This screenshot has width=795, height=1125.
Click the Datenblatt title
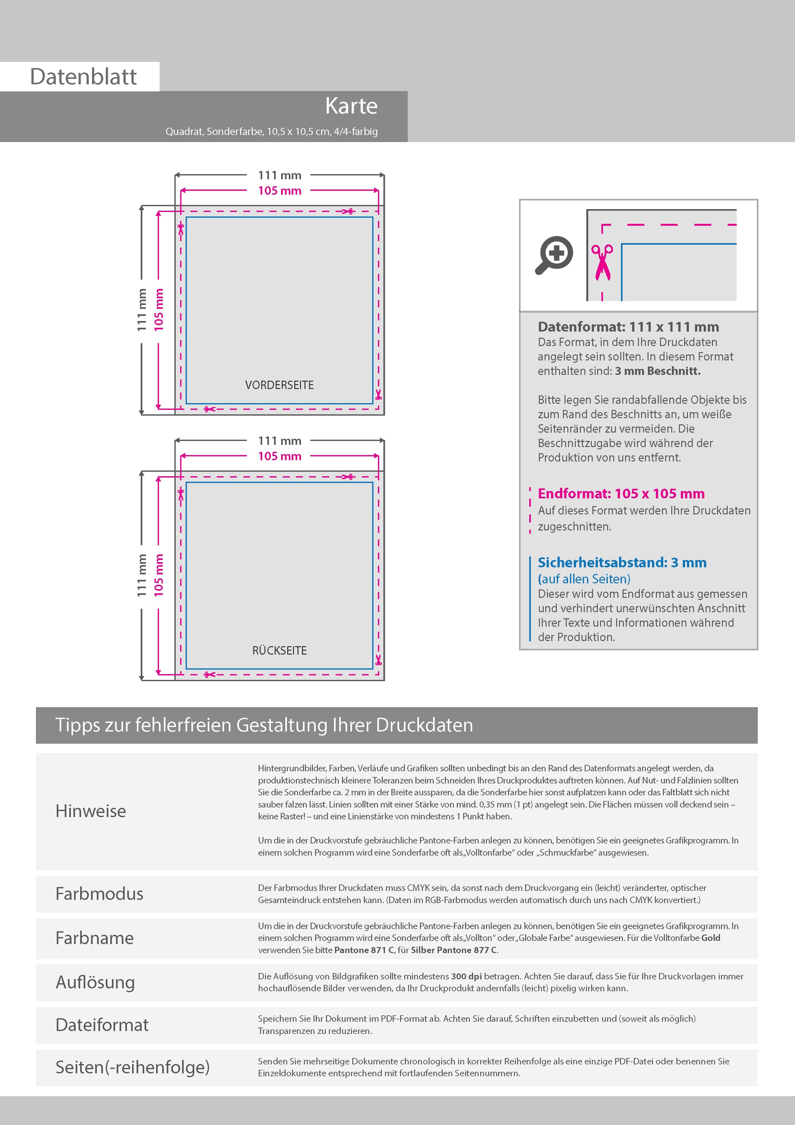point(83,77)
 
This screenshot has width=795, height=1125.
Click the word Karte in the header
point(351,106)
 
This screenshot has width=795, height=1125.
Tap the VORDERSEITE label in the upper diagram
point(279,385)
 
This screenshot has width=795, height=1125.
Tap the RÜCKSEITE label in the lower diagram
point(279,651)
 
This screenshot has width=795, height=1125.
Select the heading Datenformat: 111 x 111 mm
point(628,327)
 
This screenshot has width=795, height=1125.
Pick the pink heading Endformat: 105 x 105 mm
point(621,494)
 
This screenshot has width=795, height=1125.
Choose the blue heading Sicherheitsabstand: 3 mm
point(622,562)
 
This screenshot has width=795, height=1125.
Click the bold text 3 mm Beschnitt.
point(657,371)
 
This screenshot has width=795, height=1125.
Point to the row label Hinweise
point(91,811)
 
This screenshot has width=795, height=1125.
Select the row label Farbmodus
point(99,894)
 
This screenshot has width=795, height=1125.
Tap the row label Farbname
point(95,938)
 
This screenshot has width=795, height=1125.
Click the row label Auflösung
point(95,982)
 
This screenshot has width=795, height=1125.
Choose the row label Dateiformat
point(102,1025)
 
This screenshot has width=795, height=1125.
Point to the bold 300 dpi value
point(466,976)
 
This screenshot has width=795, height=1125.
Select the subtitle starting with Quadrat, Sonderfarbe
point(272,131)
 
